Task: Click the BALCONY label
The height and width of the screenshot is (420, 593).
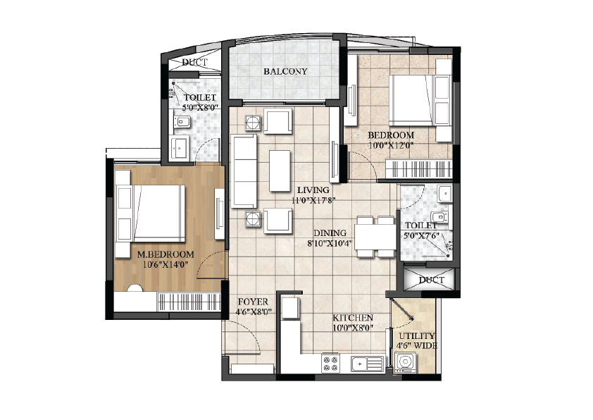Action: click(285, 71)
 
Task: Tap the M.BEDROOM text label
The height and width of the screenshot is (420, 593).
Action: click(166, 254)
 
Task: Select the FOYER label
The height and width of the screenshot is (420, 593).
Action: click(253, 302)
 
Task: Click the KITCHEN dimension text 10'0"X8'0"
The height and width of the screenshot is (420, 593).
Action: click(353, 328)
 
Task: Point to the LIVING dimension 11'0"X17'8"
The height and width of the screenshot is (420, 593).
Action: click(313, 200)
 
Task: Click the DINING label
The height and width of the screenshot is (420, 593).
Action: click(330, 233)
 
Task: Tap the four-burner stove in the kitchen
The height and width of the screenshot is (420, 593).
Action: click(330, 363)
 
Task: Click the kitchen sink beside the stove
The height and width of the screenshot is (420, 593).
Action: click(368, 364)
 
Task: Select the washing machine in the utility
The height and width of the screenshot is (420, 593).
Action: click(405, 363)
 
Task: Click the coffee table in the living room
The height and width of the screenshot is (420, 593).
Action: click(280, 171)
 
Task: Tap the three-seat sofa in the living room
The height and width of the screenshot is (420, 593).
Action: click(244, 171)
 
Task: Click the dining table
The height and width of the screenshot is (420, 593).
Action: click(375, 237)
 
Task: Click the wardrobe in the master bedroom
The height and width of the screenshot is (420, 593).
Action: click(189, 302)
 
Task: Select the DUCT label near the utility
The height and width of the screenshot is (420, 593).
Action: click(432, 280)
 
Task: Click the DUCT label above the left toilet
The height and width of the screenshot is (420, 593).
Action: click(195, 62)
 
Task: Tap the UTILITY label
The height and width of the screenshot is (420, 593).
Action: click(417, 336)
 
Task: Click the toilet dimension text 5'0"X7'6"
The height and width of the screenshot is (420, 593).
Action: click(422, 236)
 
